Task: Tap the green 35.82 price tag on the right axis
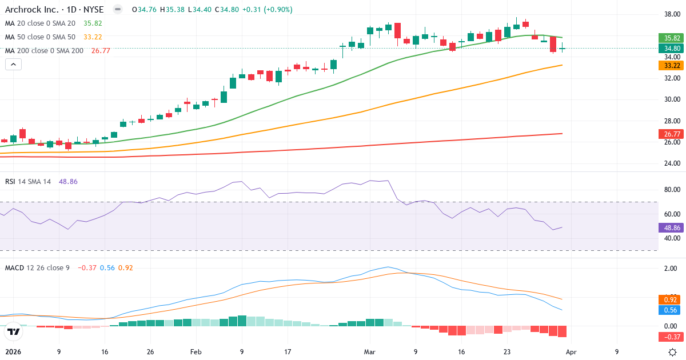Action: (x=671, y=38)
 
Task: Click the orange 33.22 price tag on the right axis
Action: (x=671, y=65)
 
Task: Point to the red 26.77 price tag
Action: (x=671, y=134)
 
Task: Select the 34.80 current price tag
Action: (x=671, y=49)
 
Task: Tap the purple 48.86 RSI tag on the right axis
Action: (x=671, y=227)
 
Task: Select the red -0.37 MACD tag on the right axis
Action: (x=671, y=337)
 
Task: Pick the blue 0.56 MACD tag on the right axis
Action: (x=671, y=310)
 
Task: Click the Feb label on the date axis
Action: (x=196, y=352)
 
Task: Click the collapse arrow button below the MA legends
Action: (x=13, y=65)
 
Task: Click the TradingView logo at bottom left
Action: (x=13, y=331)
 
